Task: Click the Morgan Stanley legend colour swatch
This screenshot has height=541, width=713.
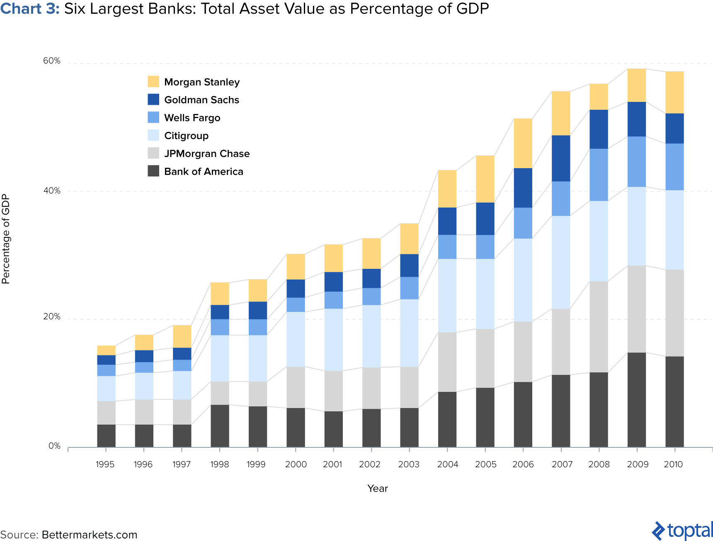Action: tap(153, 82)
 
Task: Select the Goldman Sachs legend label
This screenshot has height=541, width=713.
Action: tap(201, 100)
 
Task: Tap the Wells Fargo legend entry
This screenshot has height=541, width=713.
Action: tap(192, 118)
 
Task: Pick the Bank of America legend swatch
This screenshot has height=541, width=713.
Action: tap(153, 171)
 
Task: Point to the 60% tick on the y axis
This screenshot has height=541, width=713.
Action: tap(52, 61)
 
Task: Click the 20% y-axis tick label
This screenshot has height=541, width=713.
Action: tap(52, 317)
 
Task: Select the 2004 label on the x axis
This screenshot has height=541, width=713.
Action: tap(447, 464)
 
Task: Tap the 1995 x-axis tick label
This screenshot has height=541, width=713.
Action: tap(105, 464)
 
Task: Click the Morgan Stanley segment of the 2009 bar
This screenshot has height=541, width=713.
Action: tap(636, 85)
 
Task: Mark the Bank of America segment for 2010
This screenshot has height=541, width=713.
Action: tap(674, 402)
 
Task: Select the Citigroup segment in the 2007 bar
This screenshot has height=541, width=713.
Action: tap(561, 262)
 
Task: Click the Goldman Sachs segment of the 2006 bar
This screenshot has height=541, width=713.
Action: tap(523, 188)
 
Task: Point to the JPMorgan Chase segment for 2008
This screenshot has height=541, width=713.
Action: tap(599, 327)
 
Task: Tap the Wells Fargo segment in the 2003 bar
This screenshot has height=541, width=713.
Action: tap(409, 288)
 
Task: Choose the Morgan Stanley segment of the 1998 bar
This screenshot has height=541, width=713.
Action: tap(220, 294)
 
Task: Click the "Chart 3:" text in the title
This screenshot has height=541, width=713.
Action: tap(30, 9)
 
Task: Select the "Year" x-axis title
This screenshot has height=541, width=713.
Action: tap(377, 488)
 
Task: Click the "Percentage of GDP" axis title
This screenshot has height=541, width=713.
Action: tap(6, 239)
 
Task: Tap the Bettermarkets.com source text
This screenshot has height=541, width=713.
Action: tap(89, 535)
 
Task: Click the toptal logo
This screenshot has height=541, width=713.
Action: tap(682, 531)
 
